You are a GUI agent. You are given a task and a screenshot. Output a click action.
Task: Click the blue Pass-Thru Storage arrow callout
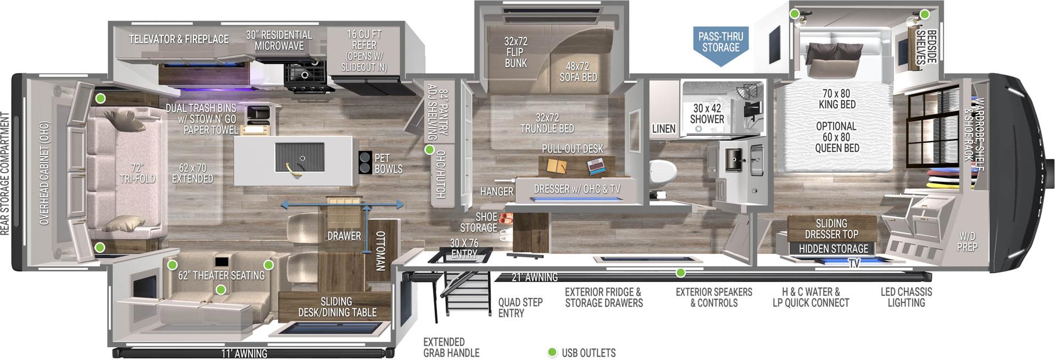[720, 44]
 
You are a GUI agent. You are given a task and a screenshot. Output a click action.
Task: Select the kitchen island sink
[299, 159]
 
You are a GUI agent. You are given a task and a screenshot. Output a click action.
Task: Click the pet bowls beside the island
[365, 163]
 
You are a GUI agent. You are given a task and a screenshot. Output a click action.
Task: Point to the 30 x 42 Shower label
[707, 113]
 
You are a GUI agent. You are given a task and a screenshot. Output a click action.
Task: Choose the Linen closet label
[663, 129]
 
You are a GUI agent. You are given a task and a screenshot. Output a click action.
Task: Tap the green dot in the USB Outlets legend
[552, 352]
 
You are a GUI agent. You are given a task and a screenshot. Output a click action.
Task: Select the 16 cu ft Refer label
[364, 50]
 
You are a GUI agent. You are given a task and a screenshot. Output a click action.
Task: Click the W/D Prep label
[967, 241]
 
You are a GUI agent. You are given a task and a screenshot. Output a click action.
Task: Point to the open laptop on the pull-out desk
[597, 164]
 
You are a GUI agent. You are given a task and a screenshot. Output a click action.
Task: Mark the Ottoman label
[380, 251]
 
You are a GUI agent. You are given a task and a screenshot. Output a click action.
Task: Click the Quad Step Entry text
[520, 308]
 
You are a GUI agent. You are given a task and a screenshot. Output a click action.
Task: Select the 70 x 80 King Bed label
[836, 99]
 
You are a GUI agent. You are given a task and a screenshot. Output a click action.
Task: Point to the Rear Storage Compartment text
[5, 174]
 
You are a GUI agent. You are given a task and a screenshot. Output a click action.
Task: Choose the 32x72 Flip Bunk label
[515, 52]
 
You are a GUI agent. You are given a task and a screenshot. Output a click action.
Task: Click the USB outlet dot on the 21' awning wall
[680, 273]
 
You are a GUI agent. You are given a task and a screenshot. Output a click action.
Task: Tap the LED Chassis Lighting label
[906, 297]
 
